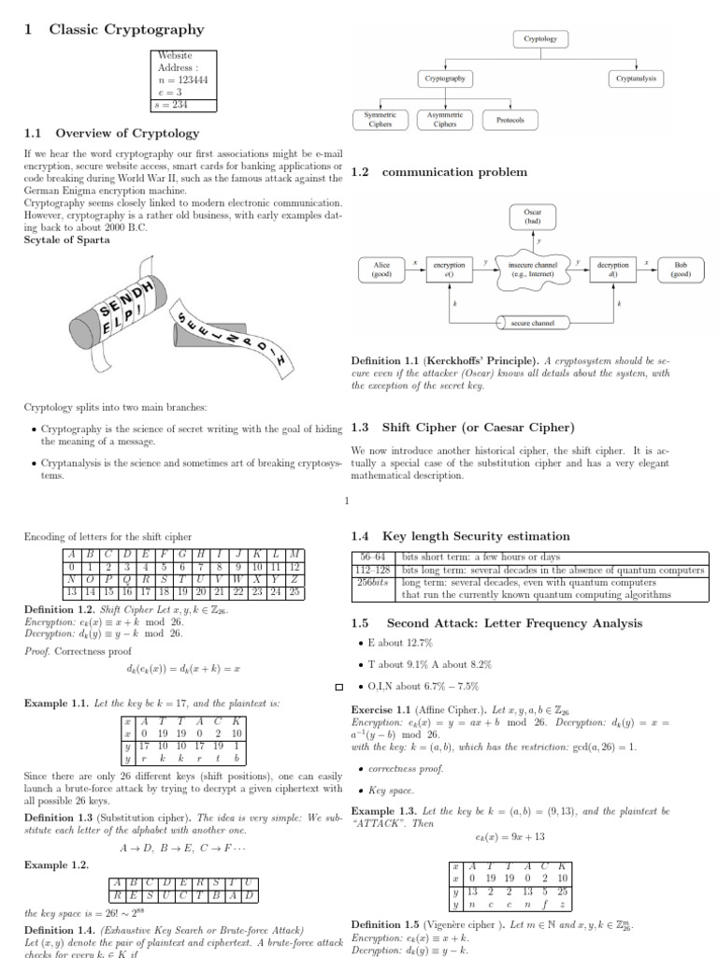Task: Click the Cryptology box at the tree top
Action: click(539, 39)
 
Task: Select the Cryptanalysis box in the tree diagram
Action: click(637, 80)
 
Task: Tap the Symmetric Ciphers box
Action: click(379, 119)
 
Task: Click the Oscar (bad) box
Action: click(533, 216)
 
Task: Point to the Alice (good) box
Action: click(381, 269)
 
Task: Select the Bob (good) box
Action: click(680, 269)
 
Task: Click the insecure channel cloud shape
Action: click(533, 269)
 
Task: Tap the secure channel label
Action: click(533, 323)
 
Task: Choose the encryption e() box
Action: click(449, 269)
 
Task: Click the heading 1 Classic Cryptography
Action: click(113, 30)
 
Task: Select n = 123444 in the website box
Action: click(183, 80)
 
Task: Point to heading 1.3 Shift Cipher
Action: click(462, 428)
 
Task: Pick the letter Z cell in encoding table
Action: click(294, 579)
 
